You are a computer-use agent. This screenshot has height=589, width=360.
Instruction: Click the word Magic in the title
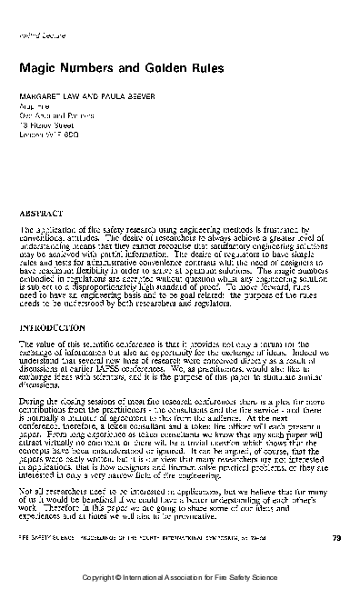[34, 68]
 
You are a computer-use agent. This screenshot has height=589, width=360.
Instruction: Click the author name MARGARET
[40, 95]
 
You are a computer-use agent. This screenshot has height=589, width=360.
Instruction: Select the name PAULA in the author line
[100, 95]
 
